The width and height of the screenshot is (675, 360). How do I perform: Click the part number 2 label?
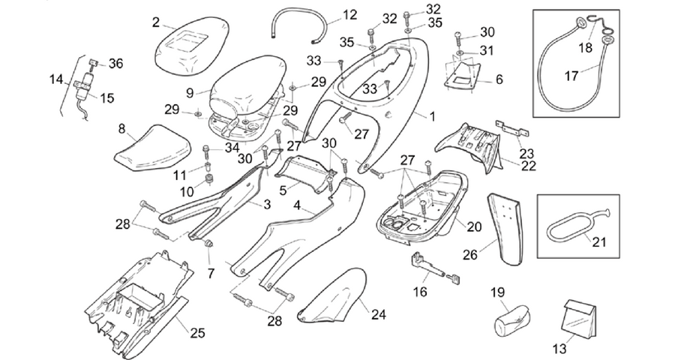[156, 22]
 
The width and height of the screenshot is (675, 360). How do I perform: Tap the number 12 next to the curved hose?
[350, 15]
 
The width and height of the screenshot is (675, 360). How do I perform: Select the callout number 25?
[197, 332]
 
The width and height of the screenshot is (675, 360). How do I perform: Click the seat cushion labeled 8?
[153, 147]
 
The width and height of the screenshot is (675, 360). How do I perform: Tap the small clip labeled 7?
[210, 244]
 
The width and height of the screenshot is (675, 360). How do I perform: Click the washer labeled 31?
[460, 53]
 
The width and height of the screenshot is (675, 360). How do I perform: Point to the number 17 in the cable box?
[571, 76]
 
